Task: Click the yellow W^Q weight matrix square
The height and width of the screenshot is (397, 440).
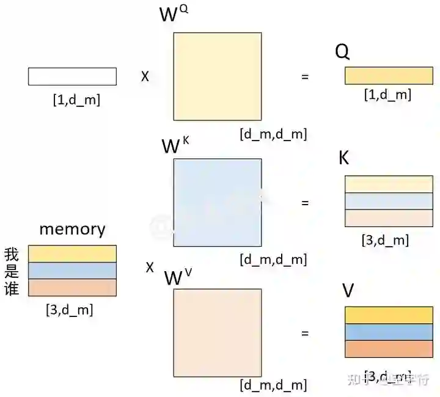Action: [x=218, y=76]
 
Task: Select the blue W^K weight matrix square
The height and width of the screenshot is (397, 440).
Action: [x=218, y=202]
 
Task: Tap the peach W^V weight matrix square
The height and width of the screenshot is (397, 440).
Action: [x=218, y=332]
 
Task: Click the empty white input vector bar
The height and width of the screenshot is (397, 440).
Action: [x=72, y=76]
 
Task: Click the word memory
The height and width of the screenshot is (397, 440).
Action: [x=72, y=229]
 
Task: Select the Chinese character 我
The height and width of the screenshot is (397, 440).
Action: [x=12, y=254]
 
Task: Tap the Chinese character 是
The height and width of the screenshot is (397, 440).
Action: [x=12, y=271]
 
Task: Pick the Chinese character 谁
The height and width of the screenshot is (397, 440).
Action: [x=12, y=288]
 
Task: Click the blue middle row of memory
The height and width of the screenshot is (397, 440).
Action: [x=72, y=271]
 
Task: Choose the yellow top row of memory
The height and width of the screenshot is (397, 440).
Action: [x=72, y=253]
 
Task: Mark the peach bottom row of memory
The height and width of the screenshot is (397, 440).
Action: [x=72, y=288]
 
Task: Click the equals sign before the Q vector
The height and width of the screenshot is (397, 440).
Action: [x=305, y=77]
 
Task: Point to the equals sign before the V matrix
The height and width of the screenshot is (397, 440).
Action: [x=305, y=333]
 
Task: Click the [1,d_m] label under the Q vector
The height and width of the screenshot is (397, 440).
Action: [x=387, y=95]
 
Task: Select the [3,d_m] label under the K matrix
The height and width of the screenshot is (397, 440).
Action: [x=385, y=240]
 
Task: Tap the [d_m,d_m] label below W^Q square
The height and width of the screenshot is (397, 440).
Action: [x=273, y=134]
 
